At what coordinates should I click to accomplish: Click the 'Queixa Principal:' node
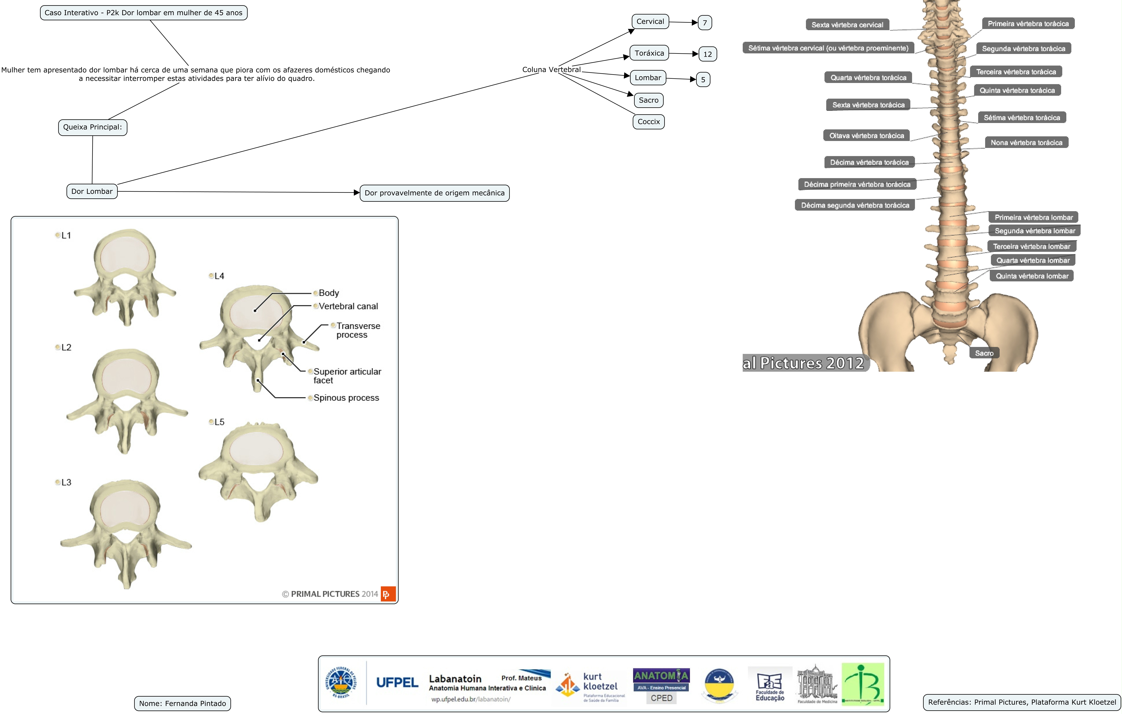[92, 127]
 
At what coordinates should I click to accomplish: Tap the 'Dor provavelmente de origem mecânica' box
[434, 193]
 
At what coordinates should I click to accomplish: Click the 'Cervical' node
[650, 21]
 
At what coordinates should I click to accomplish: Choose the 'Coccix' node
[649, 122]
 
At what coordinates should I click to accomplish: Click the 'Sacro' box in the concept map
[648, 100]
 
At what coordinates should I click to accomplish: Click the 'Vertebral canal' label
[348, 306]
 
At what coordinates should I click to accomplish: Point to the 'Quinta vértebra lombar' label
[1032, 276]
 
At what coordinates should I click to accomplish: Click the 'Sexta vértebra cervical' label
[847, 25]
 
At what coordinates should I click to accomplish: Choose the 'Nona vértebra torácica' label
[1026, 143]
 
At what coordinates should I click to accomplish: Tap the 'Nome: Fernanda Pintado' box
[182, 703]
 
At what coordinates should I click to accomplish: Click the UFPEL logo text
[397, 683]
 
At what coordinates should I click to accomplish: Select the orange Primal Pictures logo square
[388, 594]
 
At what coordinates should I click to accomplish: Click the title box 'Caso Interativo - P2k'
[143, 13]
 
